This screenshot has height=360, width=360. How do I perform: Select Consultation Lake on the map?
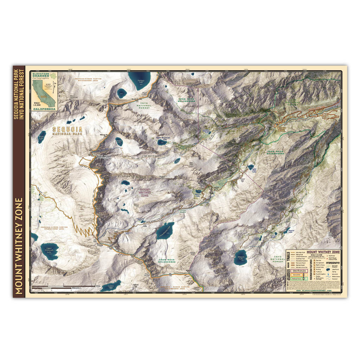pos(165,231)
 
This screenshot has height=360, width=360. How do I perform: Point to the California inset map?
pos(44,93)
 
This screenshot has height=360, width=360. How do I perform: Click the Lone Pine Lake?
pos(251,168)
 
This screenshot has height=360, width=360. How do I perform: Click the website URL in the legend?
pos(314,291)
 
